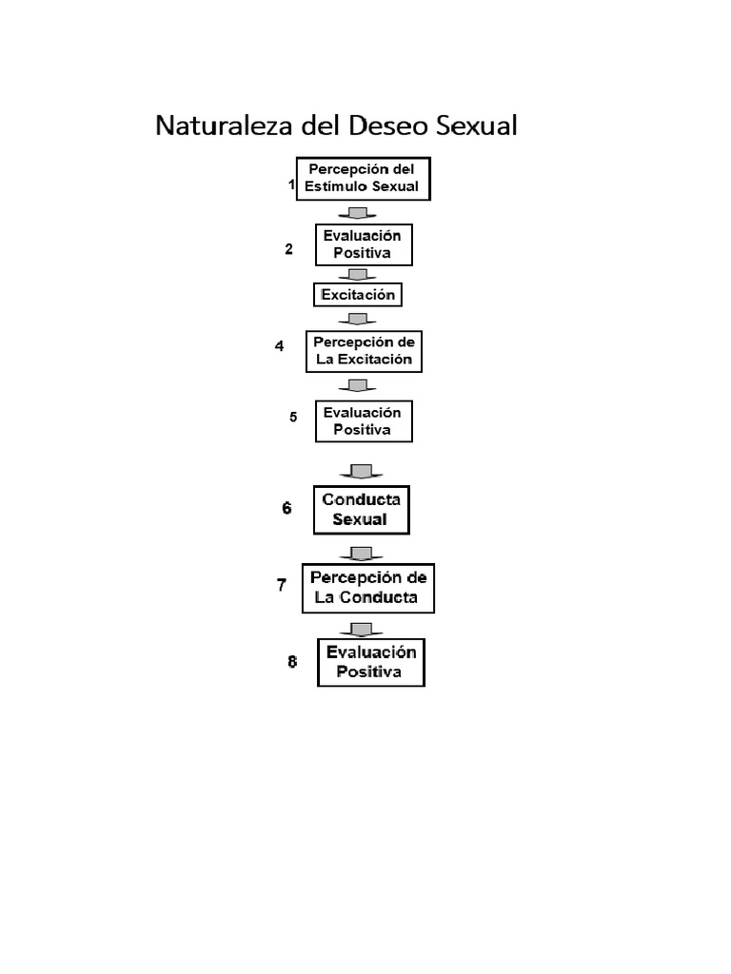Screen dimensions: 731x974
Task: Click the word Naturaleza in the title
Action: click(224, 125)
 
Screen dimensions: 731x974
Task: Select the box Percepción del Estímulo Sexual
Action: click(364, 179)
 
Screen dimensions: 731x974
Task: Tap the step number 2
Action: click(288, 249)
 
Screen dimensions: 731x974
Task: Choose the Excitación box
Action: click(358, 295)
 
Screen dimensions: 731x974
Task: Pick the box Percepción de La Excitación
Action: click(365, 352)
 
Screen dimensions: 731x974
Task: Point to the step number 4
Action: click(279, 346)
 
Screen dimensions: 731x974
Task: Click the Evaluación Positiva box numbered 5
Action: click(365, 421)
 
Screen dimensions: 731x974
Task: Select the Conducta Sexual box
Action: click(362, 510)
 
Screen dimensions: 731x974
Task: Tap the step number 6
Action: click(286, 508)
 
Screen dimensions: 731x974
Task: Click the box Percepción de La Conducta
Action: click(368, 588)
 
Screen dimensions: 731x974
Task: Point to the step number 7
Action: click(282, 585)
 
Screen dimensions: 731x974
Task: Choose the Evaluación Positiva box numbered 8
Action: click(371, 662)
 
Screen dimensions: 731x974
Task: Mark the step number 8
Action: click(292, 662)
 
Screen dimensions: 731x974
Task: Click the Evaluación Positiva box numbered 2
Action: click(365, 244)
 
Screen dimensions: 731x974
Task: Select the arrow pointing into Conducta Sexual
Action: click(362, 471)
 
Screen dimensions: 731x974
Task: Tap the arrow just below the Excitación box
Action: click(358, 319)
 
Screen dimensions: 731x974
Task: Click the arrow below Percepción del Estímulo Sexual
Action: click(358, 213)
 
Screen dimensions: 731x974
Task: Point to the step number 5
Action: click(293, 417)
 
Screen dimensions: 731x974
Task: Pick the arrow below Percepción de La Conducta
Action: click(362, 630)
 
